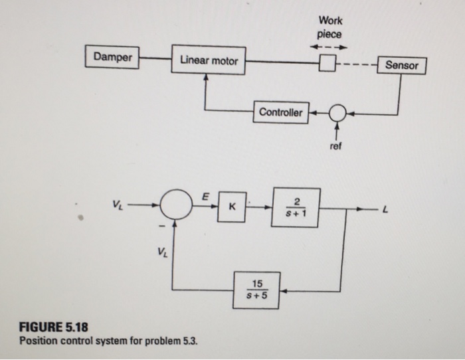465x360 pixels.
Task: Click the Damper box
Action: point(112,57)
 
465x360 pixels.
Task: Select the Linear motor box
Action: point(209,60)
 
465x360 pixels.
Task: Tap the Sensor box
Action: point(401,66)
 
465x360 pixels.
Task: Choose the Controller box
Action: point(280,112)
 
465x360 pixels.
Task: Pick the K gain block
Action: point(231,206)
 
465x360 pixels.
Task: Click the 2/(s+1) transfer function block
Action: point(296,207)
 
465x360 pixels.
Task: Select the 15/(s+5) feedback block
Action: point(256,290)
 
